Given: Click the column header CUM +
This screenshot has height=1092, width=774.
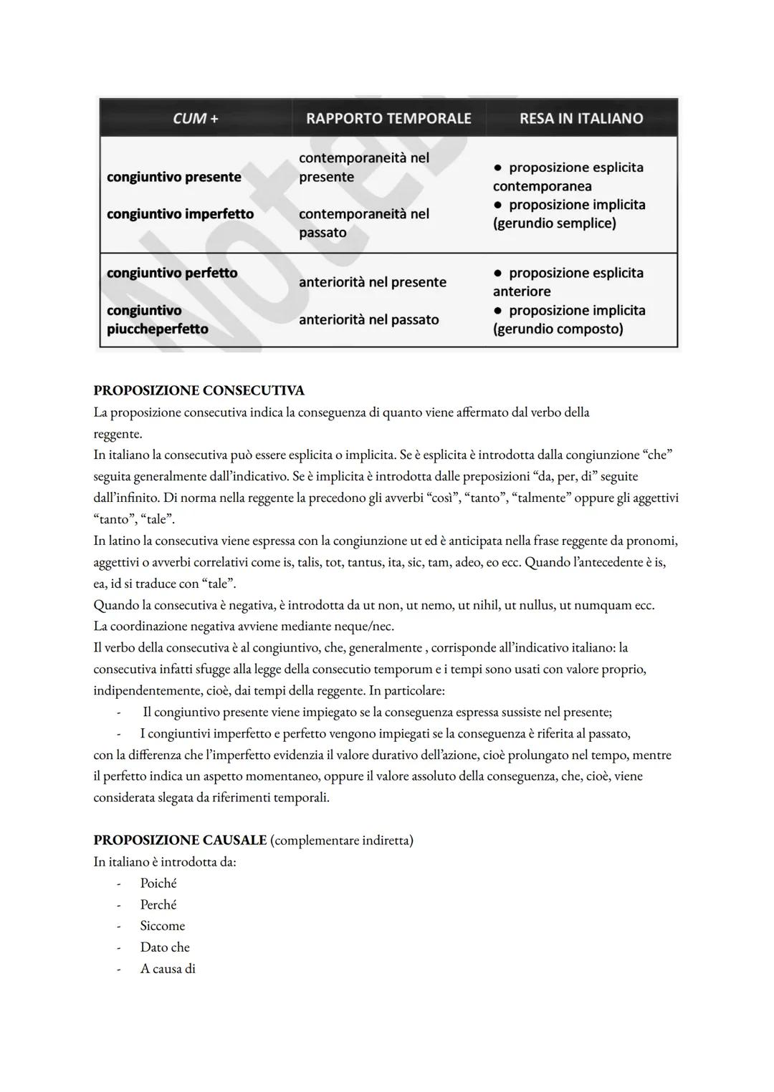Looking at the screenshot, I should coord(195,118).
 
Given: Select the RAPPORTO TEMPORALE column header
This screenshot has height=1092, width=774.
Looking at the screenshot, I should coord(388,118).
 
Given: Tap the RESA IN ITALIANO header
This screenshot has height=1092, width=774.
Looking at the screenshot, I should coord(581,118).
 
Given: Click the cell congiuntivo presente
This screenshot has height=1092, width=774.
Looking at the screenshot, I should coord(174,177).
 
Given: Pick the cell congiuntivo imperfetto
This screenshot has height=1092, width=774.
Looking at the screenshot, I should coord(180,214).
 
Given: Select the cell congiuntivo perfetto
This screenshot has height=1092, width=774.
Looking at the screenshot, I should coord(172,273).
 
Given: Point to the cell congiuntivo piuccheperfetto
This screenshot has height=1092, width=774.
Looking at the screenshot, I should coord(158,319).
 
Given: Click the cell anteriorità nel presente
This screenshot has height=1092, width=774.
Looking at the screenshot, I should coord(373,282).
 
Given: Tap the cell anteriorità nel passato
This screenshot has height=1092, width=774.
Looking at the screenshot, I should coord(369,319).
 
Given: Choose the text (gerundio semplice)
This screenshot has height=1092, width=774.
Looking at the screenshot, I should coord(554,223).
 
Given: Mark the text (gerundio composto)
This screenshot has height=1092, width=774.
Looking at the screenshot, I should coord(558,329).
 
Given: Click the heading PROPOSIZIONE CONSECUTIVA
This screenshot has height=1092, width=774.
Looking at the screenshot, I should coord(199,390).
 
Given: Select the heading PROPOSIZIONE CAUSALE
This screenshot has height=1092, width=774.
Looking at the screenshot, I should coord(180,840).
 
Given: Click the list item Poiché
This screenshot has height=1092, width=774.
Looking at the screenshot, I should coord(158,883).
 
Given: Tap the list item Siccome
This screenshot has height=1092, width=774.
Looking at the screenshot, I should coord(163,926).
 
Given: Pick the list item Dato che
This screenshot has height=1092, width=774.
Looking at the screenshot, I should coord(165,947).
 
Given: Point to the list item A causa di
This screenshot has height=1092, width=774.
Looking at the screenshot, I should coord(168,969).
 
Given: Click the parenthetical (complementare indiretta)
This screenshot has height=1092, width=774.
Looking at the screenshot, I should coord(342,840).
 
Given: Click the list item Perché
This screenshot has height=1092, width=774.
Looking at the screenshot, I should coord(158,904).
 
